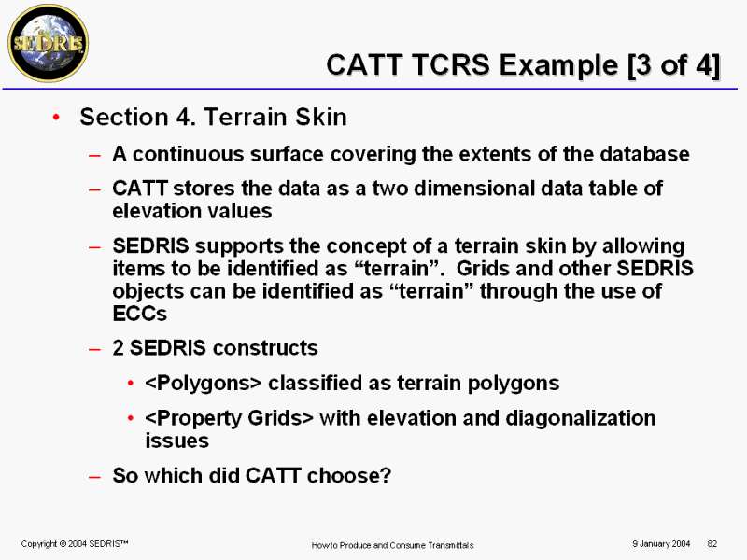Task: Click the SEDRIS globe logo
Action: pos(49,43)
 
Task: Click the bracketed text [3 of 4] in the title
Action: pos(673,65)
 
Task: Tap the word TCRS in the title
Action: pos(451,64)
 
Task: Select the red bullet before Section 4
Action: pos(56,117)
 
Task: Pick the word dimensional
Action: pos(473,189)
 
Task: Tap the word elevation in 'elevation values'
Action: pos(159,211)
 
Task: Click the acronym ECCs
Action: pos(139,314)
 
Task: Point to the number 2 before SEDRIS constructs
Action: pos(119,348)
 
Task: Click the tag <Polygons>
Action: pos(204,384)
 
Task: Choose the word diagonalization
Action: pos(580,418)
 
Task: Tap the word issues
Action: pos(176,441)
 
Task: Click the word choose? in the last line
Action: pos(348,475)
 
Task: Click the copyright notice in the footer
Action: pos(75,544)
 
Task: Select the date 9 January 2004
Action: pos(661,544)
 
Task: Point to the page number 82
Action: pos(712,544)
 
